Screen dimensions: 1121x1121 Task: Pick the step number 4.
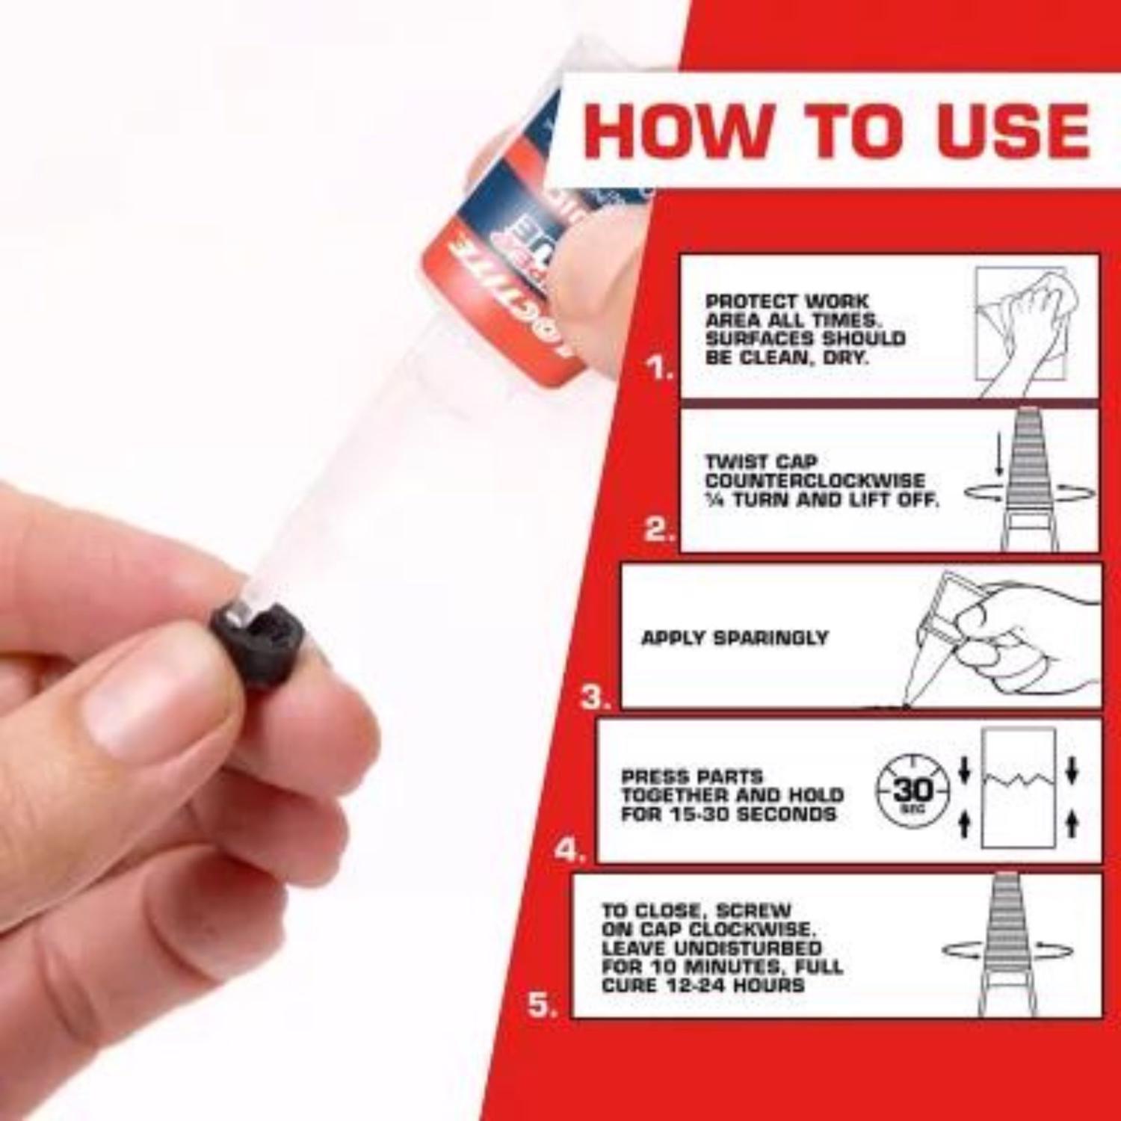570,850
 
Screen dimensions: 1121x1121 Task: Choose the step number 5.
543,1005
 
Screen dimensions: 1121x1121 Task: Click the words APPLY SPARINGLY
735,637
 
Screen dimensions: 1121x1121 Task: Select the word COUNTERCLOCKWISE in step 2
815,481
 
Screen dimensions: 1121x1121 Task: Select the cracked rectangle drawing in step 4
1018,788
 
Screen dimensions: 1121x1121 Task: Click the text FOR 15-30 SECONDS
729,814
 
